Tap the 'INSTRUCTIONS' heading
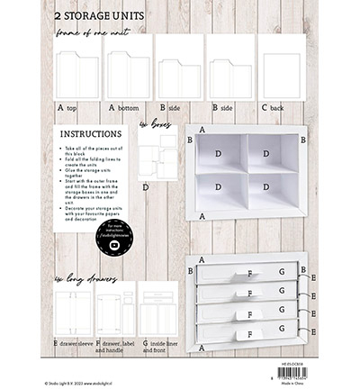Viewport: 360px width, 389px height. (x=90, y=133)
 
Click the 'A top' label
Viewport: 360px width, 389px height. (x=67, y=107)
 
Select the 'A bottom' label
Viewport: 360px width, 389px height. (x=124, y=107)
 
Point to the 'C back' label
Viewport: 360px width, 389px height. (x=274, y=107)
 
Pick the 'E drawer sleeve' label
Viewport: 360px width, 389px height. (x=73, y=343)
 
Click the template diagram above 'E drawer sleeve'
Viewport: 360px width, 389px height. (x=72, y=310)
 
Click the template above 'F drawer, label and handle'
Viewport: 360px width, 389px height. (x=115, y=310)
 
